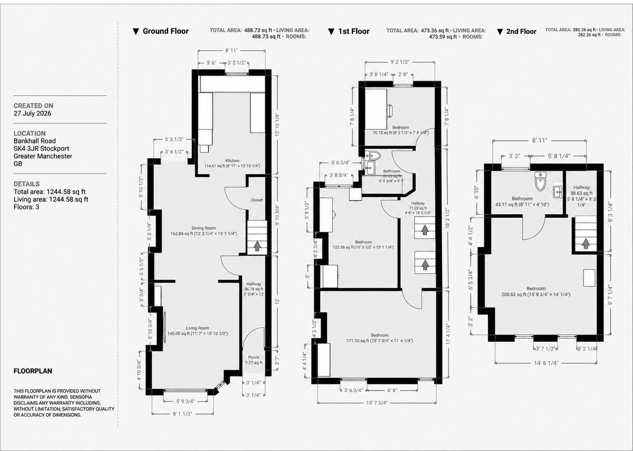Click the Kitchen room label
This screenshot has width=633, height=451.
coord(232,161)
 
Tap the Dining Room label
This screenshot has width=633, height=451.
coord(204,228)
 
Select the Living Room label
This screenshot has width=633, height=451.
coord(197,328)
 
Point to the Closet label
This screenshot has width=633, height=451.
coord(256,200)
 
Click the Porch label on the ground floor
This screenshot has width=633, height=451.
coord(254,357)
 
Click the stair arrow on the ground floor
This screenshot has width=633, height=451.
coord(257,246)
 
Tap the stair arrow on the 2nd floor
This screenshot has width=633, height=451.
coord(586,243)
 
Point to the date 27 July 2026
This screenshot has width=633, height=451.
coord(33,113)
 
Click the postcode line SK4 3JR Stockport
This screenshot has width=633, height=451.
coord(41,149)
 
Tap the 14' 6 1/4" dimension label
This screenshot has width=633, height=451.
coord(546,362)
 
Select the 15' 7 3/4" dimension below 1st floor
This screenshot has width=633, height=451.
coord(377,403)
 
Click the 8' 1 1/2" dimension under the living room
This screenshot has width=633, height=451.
coord(183,414)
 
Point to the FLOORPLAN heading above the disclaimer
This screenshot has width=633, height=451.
coord(33,371)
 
